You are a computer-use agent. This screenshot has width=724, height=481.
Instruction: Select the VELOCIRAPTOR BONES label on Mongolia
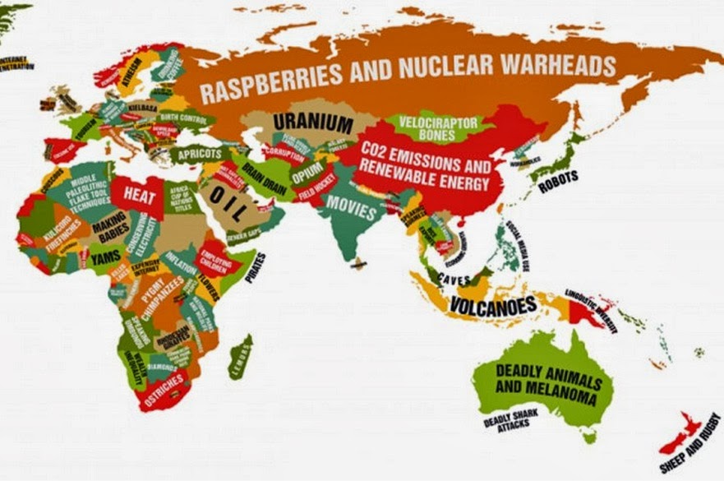click(437, 127)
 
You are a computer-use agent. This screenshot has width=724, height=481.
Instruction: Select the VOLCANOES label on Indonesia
click(493, 306)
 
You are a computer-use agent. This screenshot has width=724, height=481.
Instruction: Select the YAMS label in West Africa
click(104, 258)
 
